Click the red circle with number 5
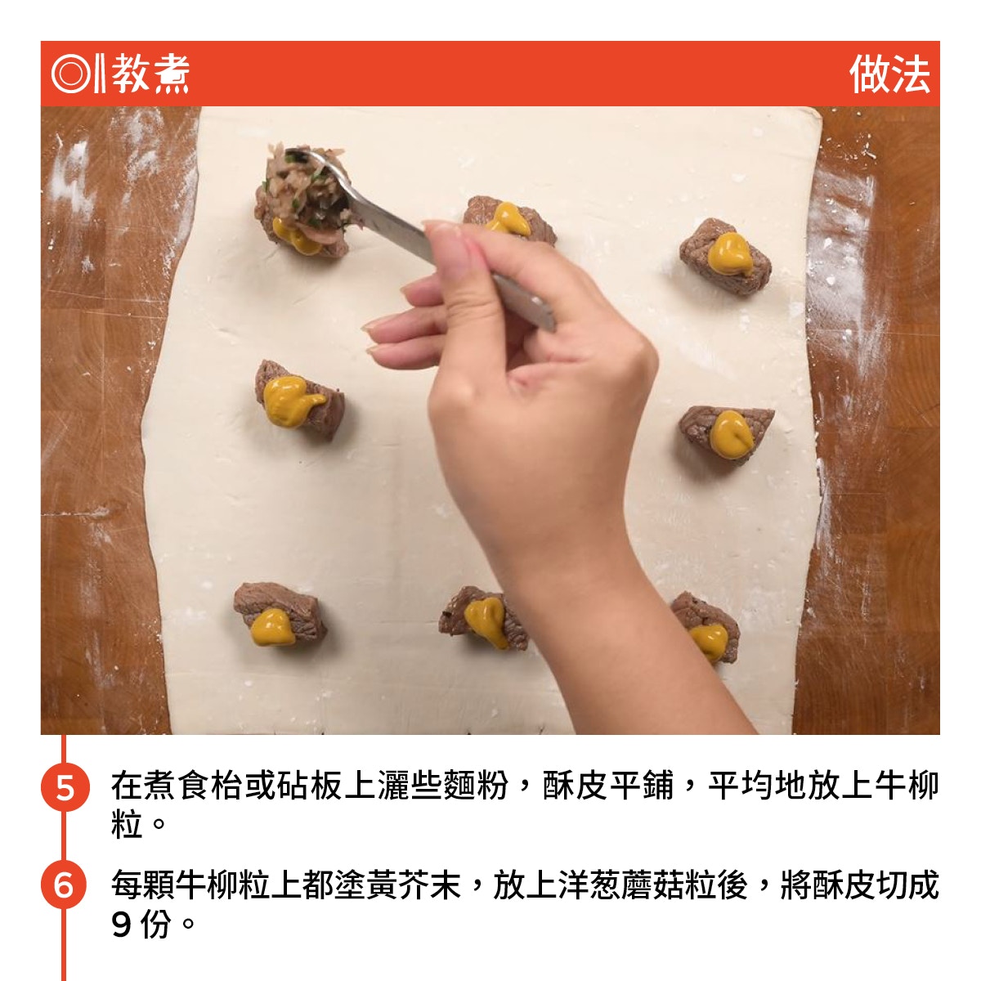(x=65, y=787)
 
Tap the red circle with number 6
(x=65, y=885)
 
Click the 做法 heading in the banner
(x=889, y=74)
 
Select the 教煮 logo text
(x=150, y=74)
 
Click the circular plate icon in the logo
(x=70, y=74)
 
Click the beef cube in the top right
(x=725, y=258)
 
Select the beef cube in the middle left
(x=299, y=401)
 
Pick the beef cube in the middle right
(x=725, y=435)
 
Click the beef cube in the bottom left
(x=280, y=614)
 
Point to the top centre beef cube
(x=509, y=220)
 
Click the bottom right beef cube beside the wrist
(x=705, y=627)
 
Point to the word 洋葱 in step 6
(x=590, y=885)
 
